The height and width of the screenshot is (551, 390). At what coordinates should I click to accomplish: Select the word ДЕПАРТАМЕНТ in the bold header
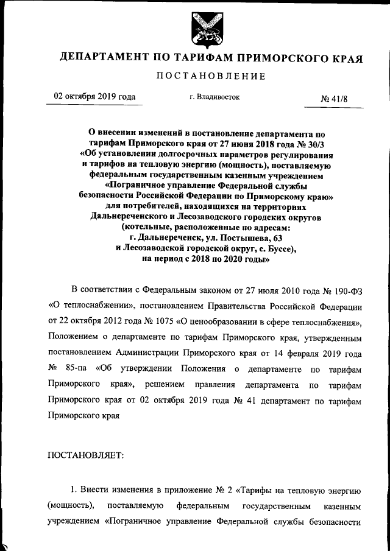[x=104, y=58]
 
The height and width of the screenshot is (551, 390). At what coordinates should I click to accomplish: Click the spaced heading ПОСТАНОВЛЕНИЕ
[x=211, y=77]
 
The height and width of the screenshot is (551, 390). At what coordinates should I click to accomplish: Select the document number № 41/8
[x=333, y=98]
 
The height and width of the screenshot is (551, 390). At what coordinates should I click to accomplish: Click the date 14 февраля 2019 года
[x=322, y=353]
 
